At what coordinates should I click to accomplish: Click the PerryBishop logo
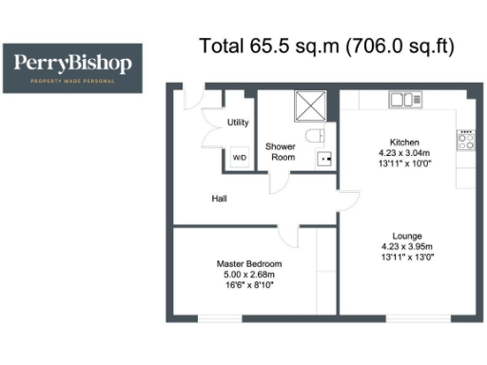point(73,67)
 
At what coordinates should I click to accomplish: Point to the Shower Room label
point(281,151)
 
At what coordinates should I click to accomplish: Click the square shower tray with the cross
point(310,106)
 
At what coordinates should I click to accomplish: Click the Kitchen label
point(404,143)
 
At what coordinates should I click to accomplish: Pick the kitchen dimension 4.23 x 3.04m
point(404,152)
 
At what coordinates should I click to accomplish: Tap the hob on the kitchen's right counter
point(466,141)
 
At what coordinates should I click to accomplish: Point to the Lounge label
point(407,236)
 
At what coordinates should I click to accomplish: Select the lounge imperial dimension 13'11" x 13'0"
point(407,257)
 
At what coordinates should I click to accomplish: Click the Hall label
point(220,199)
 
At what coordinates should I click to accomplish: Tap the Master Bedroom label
point(248,264)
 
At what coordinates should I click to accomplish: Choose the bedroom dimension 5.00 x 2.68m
point(248,274)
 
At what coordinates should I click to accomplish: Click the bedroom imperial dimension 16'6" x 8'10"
point(248,284)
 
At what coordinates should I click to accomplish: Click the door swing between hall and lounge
point(348,202)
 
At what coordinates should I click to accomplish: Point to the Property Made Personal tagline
point(73,82)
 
